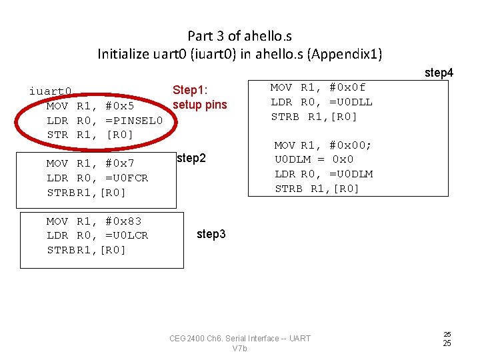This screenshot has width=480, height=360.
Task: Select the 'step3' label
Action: (211, 234)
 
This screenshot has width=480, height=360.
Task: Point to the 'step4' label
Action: (439, 73)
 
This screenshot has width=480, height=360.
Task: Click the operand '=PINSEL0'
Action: (134, 121)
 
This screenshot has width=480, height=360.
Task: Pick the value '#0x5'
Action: (120, 106)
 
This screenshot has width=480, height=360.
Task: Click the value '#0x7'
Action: (120, 163)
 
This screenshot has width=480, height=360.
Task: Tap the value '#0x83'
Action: (123, 221)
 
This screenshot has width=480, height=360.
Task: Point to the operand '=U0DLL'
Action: (351, 102)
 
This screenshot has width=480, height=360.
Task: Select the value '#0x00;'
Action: (351, 145)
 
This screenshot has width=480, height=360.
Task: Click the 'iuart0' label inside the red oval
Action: (50, 91)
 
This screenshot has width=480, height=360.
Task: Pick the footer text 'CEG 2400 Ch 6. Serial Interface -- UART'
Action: (240, 339)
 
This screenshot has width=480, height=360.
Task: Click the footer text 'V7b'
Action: (240, 349)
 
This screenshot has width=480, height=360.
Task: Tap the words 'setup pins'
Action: (199, 105)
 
